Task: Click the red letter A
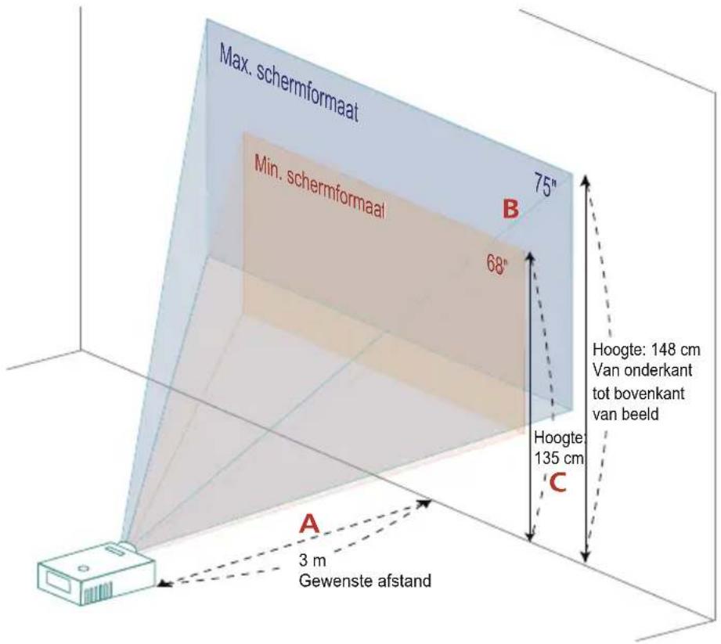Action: [x=309, y=523]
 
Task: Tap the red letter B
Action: [x=510, y=208]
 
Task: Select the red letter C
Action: [x=557, y=483]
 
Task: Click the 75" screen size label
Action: [x=545, y=185]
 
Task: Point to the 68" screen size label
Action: [x=497, y=264]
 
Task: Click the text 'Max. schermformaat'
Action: [x=288, y=83]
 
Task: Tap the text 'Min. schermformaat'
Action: [x=319, y=187]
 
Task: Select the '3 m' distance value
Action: [x=312, y=560]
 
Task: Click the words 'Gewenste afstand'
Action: [x=365, y=581]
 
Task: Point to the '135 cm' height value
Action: [x=559, y=458]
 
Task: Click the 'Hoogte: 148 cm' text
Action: [x=646, y=349]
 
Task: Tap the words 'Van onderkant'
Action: [x=643, y=370]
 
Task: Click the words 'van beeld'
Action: [x=625, y=415]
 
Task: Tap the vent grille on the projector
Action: [x=97, y=593]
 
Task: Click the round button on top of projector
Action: [x=83, y=569]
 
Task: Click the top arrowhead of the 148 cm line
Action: [x=586, y=180]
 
